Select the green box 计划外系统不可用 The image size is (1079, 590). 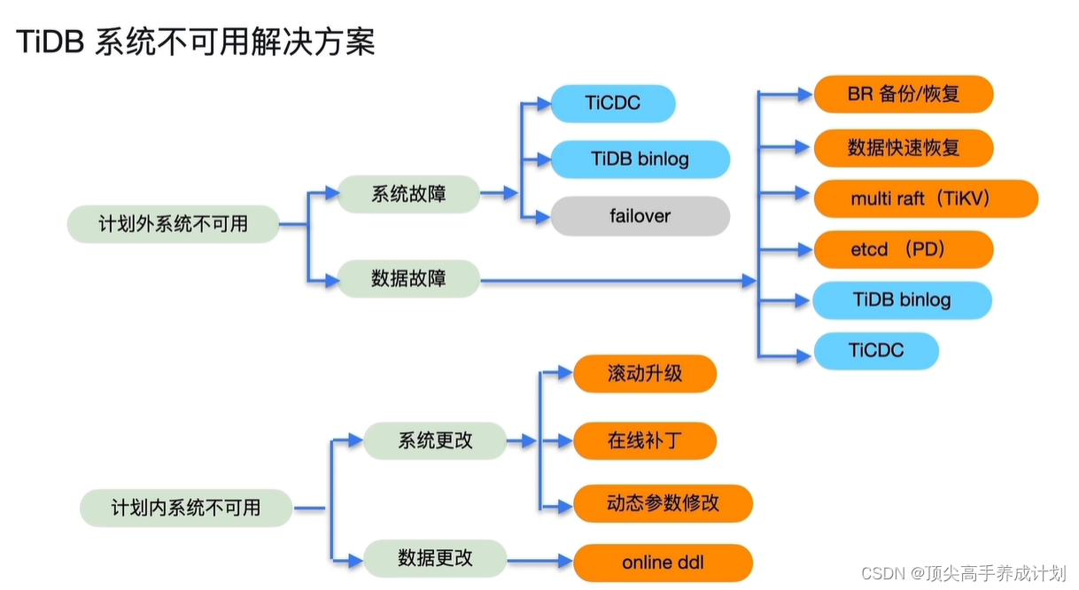coord(173,224)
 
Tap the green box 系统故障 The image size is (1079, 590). coord(408,194)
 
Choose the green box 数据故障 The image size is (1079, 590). coord(408,279)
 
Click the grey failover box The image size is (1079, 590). coord(640,216)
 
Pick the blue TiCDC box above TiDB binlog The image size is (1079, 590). coord(612,104)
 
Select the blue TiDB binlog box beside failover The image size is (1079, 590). coord(640,159)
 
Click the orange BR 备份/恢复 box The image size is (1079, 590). coord(903,94)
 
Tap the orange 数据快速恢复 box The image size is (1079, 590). coord(903,147)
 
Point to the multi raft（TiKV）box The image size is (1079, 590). coord(925,198)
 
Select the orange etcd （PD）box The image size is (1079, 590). coord(903,250)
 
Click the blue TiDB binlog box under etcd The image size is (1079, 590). coord(902,299)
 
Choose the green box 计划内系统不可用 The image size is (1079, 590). coord(185,508)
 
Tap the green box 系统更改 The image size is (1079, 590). coord(435,440)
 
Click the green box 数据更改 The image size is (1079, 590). coord(435,558)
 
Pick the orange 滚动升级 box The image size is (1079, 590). coord(645,373)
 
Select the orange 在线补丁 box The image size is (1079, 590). coord(645,440)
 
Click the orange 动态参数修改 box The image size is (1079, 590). coord(663,503)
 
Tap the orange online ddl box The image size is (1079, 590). coord(663,563)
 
